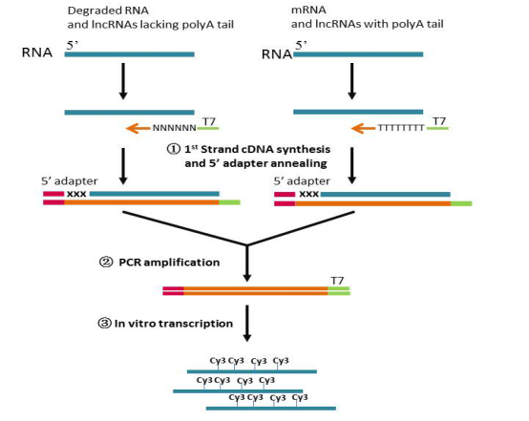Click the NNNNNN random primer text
[x=175, y=128]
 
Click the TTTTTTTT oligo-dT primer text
[x=401, y=128]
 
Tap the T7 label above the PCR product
[x=337, y=281]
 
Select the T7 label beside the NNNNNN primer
[x=209, y=121]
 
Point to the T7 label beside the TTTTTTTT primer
[x=439, y=121]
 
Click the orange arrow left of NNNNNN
[x=138, y=128]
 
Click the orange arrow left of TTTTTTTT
[x=364, y=128]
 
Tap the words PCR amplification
[x=169, y=263]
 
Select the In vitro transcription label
[x=174, y=324]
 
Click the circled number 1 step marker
[x=174, y=149]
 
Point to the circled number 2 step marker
[x=106, y=263]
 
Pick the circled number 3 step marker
[x=104, y=324]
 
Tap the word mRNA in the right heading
[x=308, y=10]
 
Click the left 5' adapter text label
[x=69, y=181]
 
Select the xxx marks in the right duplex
[x=309, y=194]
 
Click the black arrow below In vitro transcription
[x=247, y=324]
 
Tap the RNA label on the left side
[x=37, y=53]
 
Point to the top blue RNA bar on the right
[x=358, y=54]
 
